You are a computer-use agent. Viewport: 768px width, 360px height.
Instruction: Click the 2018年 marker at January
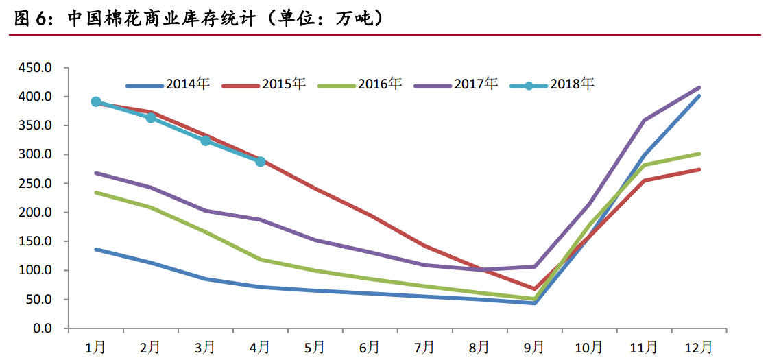coord(96,101)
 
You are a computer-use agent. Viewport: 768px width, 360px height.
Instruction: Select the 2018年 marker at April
coord(261,162)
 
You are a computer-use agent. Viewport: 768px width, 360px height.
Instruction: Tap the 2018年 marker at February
coord(151,118)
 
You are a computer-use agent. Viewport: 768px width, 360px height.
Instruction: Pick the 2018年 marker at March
coord(206,141)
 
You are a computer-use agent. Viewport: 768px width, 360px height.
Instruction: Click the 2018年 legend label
coord(571,84)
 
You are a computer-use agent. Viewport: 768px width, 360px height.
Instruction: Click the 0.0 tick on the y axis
coord(43,328)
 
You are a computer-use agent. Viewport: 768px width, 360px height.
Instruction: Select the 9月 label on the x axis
coord(534,348)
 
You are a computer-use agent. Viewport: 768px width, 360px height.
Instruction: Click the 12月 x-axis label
coord(699,348)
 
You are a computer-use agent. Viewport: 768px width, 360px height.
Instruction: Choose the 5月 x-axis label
coord(315,348)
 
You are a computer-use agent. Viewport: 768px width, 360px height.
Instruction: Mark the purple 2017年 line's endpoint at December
coord(699,88)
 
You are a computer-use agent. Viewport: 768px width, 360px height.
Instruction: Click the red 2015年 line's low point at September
coord(534,289)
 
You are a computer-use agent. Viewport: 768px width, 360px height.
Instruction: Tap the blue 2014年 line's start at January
coord(96,250)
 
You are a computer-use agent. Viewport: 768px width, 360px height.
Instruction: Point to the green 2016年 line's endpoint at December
coord(699,154)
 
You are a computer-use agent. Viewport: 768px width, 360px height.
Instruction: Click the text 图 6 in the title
coord(33,19)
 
